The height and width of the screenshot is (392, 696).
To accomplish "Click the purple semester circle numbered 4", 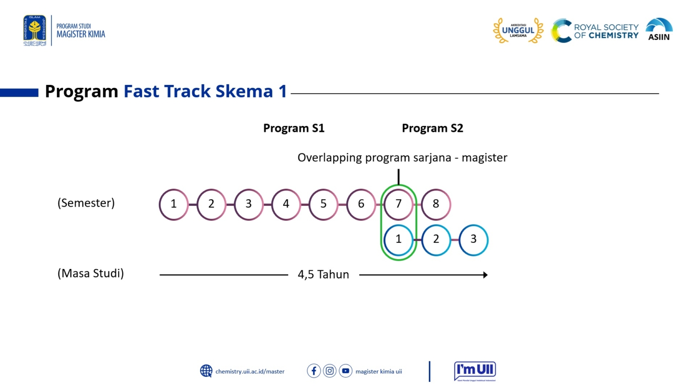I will (x=286, y=204).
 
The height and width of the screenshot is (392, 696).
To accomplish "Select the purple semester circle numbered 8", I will (x=436, y=204).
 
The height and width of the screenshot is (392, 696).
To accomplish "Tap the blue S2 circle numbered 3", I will (x=473, y=240).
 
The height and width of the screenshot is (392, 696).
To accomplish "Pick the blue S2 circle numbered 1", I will (x=398, y=240).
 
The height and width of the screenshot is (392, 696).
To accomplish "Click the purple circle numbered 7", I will (x=398, y=204).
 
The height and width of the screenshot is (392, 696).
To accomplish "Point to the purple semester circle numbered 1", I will (x=174, y=204).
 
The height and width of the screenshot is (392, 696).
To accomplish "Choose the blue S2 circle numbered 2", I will (x=436, y=240).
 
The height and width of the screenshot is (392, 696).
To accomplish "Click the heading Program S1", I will (x=294, y=128).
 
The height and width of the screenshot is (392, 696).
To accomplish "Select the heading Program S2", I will (x=432, y=128).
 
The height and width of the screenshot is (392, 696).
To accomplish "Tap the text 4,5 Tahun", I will (x=323, y=274).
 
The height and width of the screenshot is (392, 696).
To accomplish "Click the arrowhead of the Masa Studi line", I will (x=485, y=275).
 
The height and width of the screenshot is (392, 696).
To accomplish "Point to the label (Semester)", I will (x=86, y=203).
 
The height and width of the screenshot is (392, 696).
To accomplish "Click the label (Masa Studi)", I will (x=90, y=273).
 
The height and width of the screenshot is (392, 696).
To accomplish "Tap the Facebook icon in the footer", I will (x=314, y=371).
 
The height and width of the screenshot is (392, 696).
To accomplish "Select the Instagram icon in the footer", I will (x=329, y=371).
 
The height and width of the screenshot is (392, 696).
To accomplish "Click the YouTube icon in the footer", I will (x=346, y=371).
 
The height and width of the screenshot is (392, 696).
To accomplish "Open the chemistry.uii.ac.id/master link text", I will (x=250, y=372).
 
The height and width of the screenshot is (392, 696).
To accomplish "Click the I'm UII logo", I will (x=475, y=371).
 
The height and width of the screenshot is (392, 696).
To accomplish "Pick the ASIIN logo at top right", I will (x=659, y=30).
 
